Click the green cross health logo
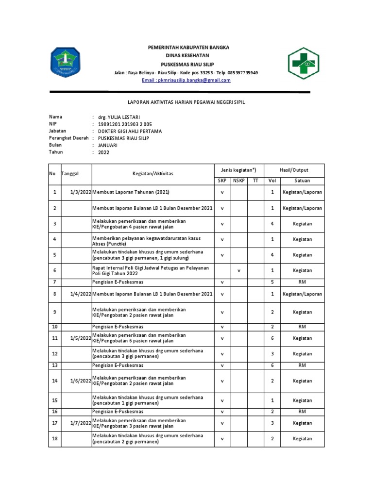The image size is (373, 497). click(x=305, y=62)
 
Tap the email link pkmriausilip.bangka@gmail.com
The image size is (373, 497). click(x=186, y=80)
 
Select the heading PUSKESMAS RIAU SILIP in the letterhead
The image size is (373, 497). click(x=187, y=64)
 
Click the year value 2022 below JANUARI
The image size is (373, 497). click(x=104, y=152)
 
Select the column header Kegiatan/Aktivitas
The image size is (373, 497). click(x=153, y=173)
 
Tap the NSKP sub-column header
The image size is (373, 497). click(x=238, y=181)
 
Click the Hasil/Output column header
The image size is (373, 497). click(x=293, y=170)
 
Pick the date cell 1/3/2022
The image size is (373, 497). click(x=77, y=193)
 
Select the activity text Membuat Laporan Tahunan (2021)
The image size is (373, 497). click(x=131, y=193)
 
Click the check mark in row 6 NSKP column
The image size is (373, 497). click(x=238, y=270)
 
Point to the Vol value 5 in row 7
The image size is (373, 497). click(x=272, y=282)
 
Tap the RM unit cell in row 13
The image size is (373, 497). click(x=302, y=365)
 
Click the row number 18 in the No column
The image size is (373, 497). click(x=55, y=439)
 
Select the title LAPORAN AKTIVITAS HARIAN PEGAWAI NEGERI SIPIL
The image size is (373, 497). click(x=186, y=102)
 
